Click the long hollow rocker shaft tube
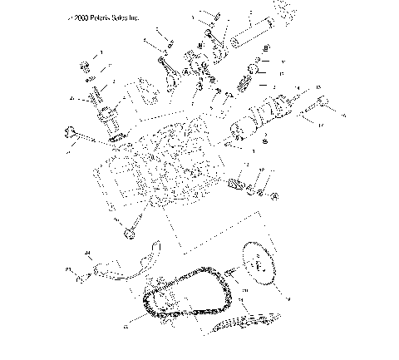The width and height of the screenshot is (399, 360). tap(250, 34)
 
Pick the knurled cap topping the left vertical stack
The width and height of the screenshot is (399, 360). tap(85, 64)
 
